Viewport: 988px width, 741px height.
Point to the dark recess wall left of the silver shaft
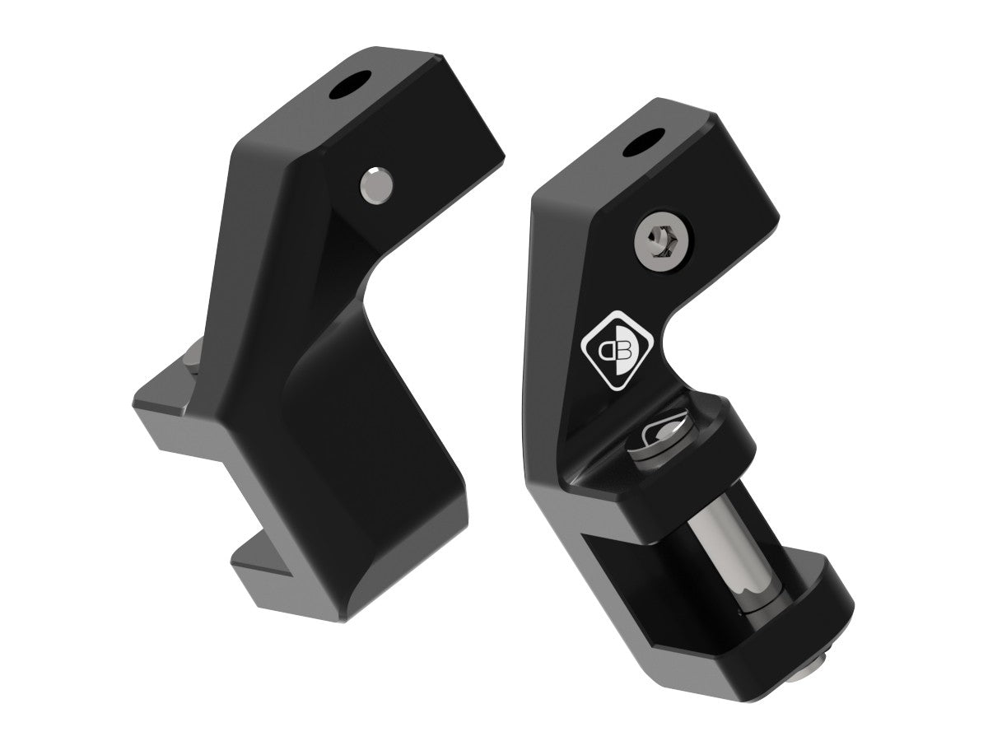click(x=626, y=576)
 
